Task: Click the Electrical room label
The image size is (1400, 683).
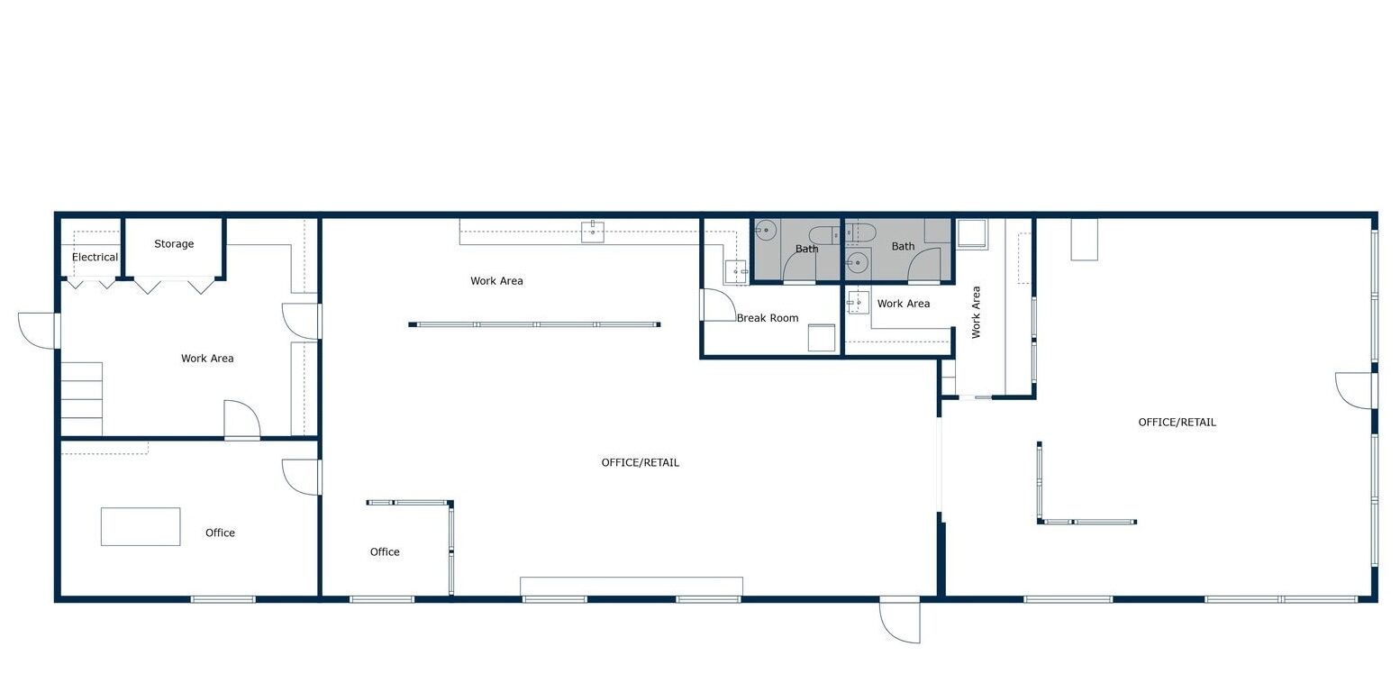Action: [x=95, y=257]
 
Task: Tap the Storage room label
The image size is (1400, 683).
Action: [x=174, y=243]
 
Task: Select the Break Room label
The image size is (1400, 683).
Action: [x=768, y=318]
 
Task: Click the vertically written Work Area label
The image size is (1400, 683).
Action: [x=976, y=313]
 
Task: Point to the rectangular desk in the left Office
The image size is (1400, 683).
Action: [x=141, y=527]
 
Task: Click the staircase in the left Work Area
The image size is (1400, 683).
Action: [x=82, y=398]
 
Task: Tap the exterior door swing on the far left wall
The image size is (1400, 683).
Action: [x=36, y=331]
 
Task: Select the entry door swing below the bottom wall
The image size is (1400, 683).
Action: [x=899, y=620]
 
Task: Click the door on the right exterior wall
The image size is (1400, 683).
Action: [x=1356, y=390]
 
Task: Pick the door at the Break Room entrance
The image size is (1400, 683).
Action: [x=718, y=305]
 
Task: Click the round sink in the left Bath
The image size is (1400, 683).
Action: [x=766, y=230]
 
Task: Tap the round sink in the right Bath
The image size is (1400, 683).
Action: [x=858, y=262]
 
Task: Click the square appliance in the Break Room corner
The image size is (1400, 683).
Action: [x=822, y=338]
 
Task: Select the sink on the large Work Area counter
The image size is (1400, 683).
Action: [x=593, y=232]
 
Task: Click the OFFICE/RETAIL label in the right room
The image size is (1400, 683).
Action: [x=1177, y=423]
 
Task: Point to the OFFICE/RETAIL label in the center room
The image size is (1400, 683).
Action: [x=640, y=462]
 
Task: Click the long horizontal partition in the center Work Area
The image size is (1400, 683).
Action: [x=534, y=324]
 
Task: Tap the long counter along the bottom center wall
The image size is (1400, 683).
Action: [x=632, y=587]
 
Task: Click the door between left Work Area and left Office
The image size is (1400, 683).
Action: [x=241, y=419]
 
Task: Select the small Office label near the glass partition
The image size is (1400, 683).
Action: [x=385, y=551]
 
